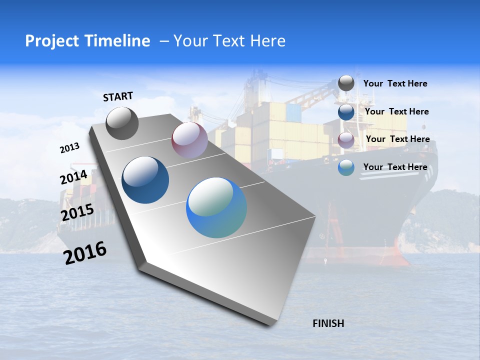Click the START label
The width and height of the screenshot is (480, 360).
[118, 96]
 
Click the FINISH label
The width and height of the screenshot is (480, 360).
[328, 323]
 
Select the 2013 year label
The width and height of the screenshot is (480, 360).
[69, 148]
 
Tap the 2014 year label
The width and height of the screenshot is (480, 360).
[73, 177]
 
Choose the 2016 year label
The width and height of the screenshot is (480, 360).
[85, 253]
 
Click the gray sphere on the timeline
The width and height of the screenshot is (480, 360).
[122, 123]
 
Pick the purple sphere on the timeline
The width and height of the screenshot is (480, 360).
[189, 140]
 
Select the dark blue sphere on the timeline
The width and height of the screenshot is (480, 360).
[145, 180]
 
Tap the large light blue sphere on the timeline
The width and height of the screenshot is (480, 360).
[216, 207]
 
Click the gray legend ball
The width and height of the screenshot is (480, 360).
[346, 83]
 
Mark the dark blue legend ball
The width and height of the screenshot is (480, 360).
[346, 112]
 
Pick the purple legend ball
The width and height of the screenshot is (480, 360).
[346, 140]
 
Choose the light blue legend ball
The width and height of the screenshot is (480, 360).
[346, 167]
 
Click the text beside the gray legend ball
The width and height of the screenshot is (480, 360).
[395, 83]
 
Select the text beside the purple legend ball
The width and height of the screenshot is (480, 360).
[397, 139]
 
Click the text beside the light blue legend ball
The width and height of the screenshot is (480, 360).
[395, 167]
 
